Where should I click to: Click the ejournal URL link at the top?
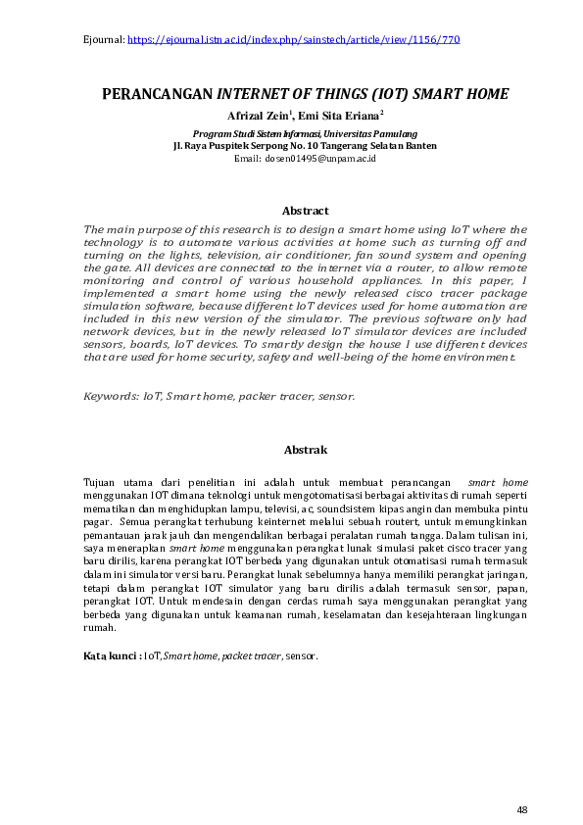coord(294,40)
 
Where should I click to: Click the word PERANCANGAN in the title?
coord(159,95)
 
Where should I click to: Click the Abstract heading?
coord(305,211)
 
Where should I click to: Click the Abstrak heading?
coord(305,450)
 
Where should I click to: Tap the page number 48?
coord(522,809)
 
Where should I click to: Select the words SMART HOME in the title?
coord(461,95)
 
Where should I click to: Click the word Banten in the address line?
coord(418,145)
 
